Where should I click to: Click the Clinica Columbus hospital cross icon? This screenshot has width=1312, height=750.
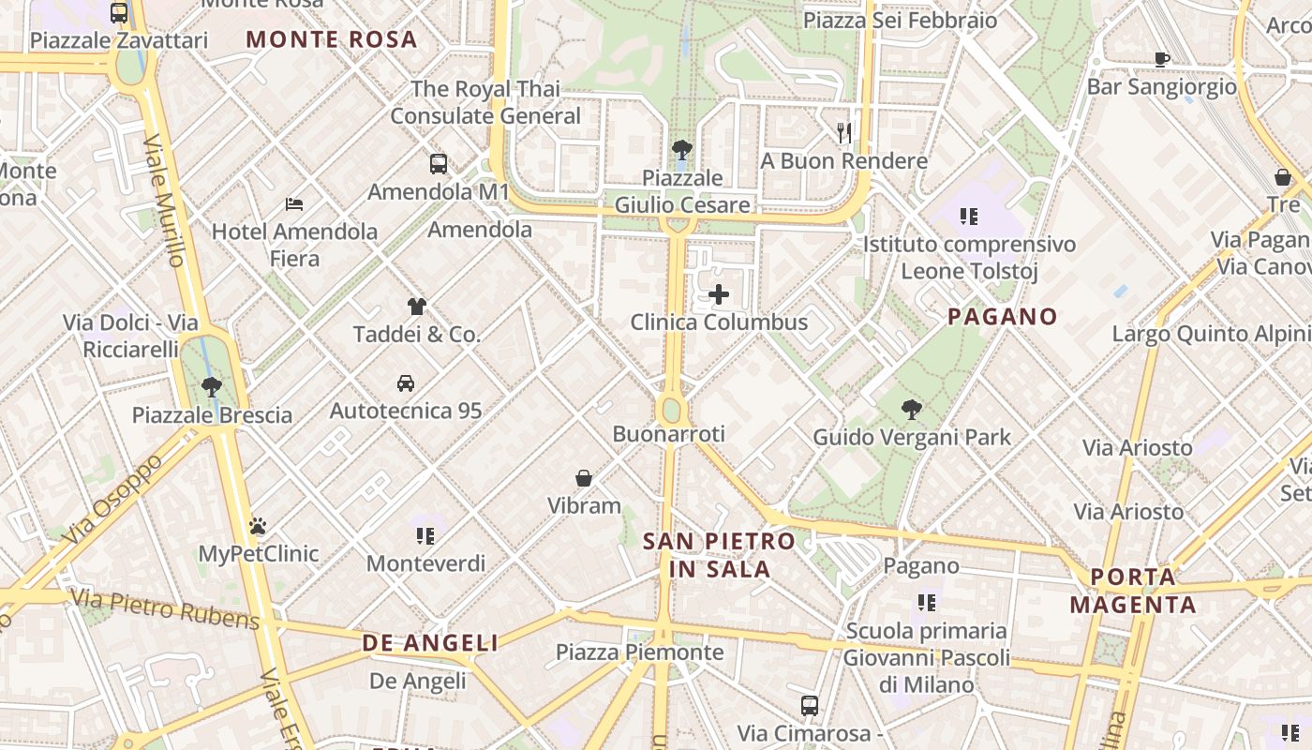point(719,294)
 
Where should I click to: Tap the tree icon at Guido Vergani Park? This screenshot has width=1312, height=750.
point(911,409)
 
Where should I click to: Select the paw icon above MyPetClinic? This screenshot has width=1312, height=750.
point(258,526)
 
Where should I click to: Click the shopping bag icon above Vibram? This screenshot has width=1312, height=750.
point(584,478)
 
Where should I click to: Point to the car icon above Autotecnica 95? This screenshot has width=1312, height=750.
point(406,382)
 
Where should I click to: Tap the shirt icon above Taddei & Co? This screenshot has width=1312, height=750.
point(417,306)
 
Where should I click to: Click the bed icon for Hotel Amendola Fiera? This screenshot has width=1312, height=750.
point(294,203)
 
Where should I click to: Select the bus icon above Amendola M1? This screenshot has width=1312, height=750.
point(439,164)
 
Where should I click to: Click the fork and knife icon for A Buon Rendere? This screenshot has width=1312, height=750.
point(844,133)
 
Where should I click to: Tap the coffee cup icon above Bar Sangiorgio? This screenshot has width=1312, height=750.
point(1162,59)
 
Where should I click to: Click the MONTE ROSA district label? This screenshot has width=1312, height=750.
point(331,39)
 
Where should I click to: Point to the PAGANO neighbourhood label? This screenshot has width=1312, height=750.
point(1002,317)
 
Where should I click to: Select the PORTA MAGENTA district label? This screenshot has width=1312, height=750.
point(1133,591)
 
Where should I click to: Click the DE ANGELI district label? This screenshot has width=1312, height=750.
point(430,643)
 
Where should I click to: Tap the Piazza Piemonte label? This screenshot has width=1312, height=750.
point(639,652)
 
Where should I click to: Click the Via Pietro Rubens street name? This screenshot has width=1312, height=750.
point(165,608)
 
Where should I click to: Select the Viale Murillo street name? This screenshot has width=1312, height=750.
point(165,200)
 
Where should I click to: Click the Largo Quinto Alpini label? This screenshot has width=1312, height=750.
point(1211,334)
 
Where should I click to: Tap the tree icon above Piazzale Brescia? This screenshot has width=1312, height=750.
point(212,386)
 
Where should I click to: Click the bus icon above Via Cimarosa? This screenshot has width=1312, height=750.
point(810,705)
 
